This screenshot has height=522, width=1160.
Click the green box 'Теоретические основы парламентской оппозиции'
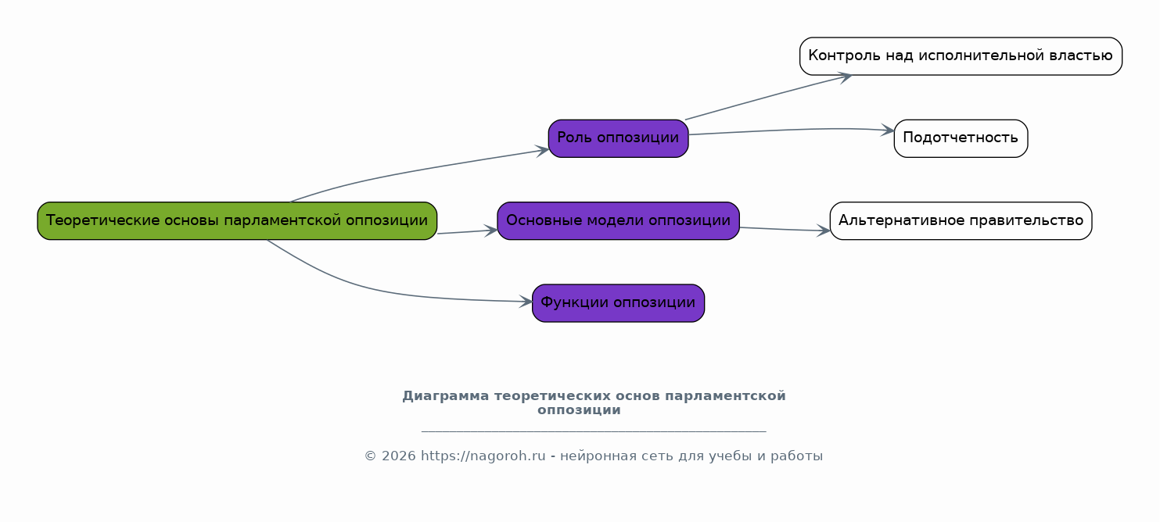point(237,221)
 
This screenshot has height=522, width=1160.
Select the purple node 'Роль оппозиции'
point(618,138)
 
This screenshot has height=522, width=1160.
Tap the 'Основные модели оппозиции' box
point(618,221)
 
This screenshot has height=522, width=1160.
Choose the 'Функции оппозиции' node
point(618,303)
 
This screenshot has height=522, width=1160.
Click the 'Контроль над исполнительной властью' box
point(961,56)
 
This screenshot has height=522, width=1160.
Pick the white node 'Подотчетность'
point(961,138)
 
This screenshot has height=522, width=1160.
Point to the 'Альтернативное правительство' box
point(961,221)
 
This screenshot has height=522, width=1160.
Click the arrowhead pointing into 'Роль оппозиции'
point(543,151)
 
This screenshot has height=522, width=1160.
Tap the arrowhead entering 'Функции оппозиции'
point(526,302)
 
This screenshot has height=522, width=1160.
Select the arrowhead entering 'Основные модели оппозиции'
point(491,231)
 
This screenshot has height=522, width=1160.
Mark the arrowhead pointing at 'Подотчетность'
point(888,130)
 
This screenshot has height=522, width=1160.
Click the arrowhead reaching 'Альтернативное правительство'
point(824,231)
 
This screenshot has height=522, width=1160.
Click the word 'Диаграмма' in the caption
point(445,396)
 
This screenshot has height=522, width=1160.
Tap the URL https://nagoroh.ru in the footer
point(483,456)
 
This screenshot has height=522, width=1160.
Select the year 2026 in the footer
point(399,456)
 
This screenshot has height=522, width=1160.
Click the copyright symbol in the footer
point(370,456)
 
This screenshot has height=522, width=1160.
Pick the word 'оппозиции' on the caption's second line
point(579,411)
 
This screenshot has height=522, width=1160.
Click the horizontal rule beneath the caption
point(594,431)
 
